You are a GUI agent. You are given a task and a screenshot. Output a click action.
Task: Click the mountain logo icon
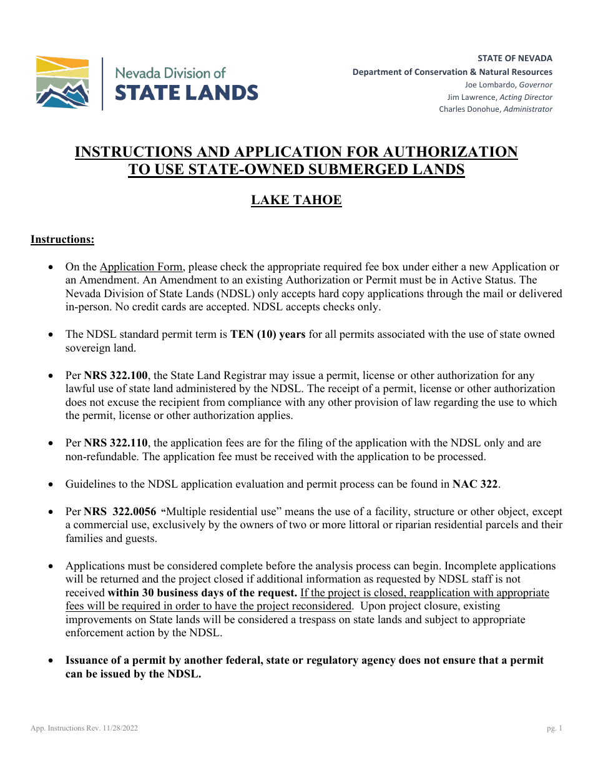tap(62, 82)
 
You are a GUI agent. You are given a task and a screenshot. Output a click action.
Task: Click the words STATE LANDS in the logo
tap(185, 93)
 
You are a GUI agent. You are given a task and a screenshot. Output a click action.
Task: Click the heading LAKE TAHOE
tap(296, 200)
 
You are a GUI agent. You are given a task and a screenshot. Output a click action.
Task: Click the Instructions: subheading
tap(62, 239)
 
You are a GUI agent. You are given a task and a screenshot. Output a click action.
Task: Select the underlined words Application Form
tap(141, 267)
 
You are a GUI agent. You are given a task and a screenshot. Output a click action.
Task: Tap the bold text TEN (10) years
tap(268, 335)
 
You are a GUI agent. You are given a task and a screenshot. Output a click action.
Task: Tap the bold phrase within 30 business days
tap(202, 593)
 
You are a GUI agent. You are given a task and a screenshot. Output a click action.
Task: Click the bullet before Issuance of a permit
tap(51, 661)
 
